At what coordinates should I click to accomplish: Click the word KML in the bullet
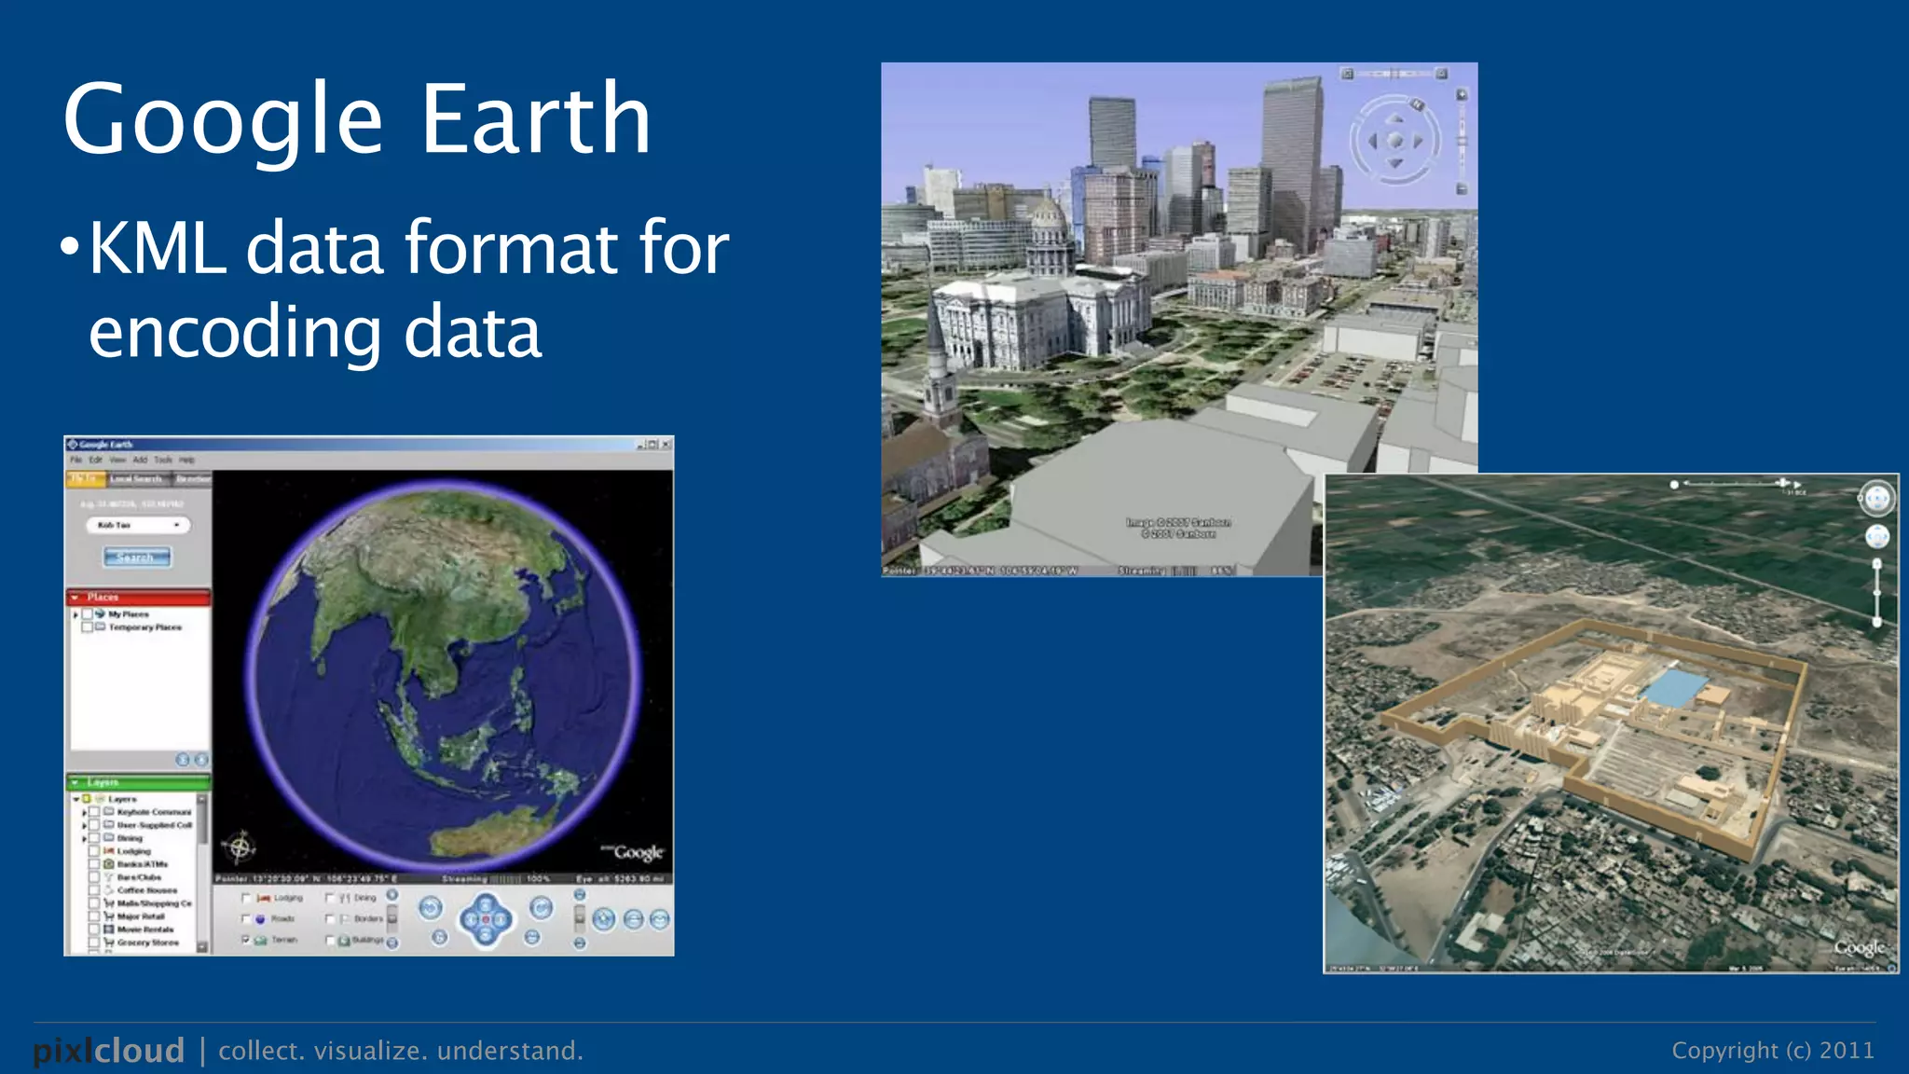tap(158, 248)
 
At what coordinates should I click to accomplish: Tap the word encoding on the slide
tap(234, 333)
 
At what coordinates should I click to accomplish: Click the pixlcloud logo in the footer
tap(109, 1051)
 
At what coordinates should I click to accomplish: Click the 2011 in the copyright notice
tap(1847, 1051)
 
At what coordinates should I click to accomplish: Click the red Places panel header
tap(138, 597)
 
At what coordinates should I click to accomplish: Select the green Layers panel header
tap(138, 782)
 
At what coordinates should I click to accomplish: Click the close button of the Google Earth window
tap(666, 445)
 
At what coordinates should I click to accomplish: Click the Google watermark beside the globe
tap(637, 852)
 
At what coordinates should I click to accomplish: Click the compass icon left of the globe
tap(240, 847)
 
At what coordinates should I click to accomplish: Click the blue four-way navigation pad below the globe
tap(485, 919)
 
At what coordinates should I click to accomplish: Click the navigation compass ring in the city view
tap(1394, 141)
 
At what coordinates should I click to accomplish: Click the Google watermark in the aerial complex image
tap(1859, 947)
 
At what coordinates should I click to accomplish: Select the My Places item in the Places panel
tap(128, 614)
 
